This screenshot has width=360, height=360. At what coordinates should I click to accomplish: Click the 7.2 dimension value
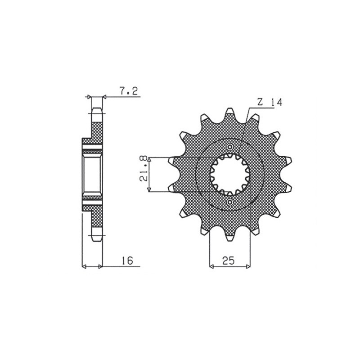(x=129, y=92)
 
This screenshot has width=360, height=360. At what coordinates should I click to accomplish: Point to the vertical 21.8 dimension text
(x=144, y=175)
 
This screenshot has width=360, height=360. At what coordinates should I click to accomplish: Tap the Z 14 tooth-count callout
(x=270, y=103)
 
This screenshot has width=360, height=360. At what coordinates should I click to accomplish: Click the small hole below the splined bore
(x=230, y=204)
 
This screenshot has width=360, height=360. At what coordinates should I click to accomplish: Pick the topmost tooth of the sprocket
(x=230, y=112)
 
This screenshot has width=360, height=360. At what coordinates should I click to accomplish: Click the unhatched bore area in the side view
(x=92, y=174)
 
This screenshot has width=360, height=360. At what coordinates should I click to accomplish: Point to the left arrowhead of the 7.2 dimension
(x=89, y=97)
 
